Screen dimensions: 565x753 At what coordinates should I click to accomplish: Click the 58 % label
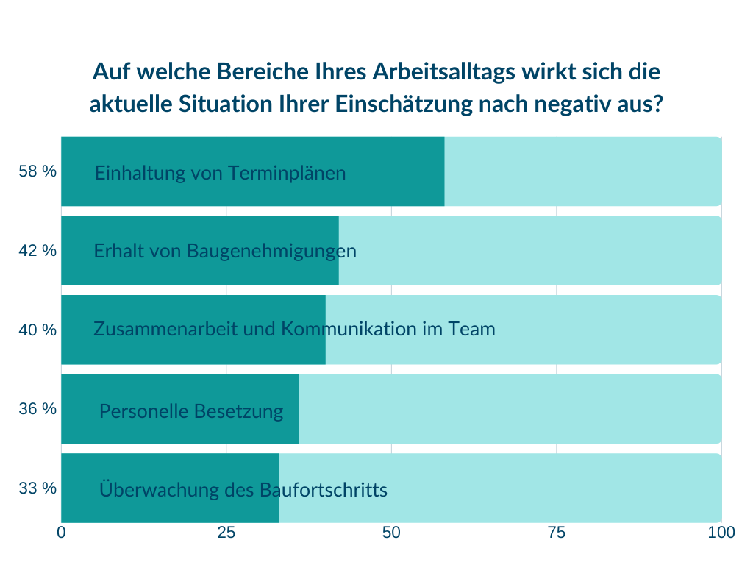38,171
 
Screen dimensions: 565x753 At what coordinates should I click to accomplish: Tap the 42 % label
38,250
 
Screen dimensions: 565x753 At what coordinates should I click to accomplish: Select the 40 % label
38,330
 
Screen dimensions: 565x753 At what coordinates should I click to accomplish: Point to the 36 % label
38,408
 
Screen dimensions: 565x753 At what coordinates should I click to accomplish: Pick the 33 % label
38,488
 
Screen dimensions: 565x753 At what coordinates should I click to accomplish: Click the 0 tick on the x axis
62,532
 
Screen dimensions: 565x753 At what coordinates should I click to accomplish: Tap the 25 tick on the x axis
226,532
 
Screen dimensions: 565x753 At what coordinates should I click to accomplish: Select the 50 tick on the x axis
390,532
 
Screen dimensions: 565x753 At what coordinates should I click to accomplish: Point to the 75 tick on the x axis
556,532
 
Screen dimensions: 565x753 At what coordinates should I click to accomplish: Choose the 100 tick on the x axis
721,532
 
